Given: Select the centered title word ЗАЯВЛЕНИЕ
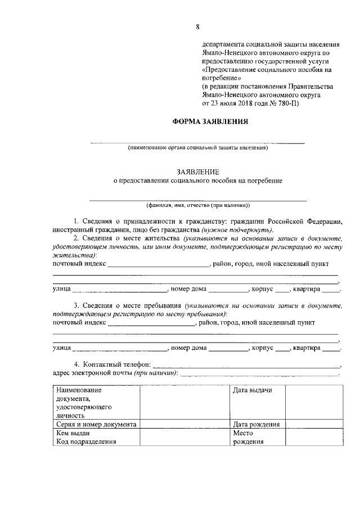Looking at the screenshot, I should (x=197, y=171).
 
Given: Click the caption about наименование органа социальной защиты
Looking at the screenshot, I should (x=197, y=148).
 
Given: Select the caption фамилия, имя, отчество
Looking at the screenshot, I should (x=197, y=205).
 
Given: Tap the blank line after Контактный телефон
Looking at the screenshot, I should (x=246, y=365).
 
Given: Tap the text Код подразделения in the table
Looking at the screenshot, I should (x=85, y=442).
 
